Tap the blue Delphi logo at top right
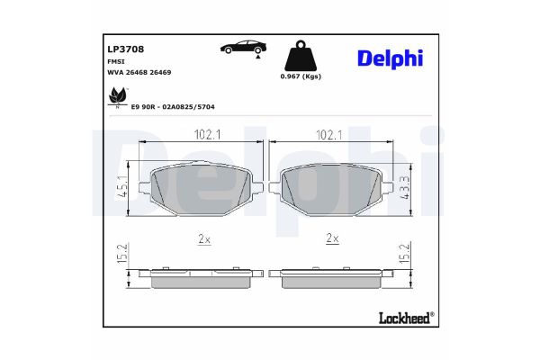click(x=400, y=58)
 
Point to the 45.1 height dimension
click(x=121, y=189)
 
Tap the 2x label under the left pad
click(x=204, y=238)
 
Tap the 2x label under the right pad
click(x=331, y=238)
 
